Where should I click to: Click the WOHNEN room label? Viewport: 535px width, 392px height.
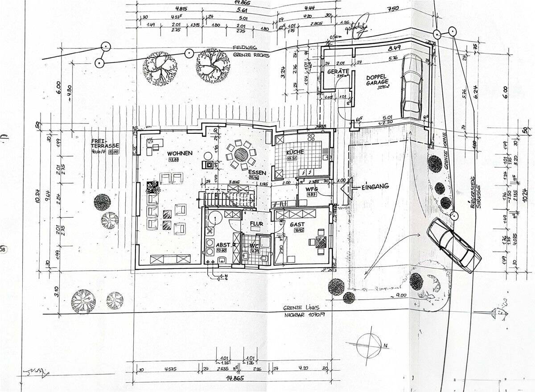(180, 153)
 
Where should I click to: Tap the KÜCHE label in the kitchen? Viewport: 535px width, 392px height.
(295, 152)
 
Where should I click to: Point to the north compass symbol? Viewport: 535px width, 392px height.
(370, 345)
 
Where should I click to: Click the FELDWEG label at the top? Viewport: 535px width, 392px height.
(243, 48)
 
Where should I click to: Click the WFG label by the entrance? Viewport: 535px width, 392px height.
(311, 189)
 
